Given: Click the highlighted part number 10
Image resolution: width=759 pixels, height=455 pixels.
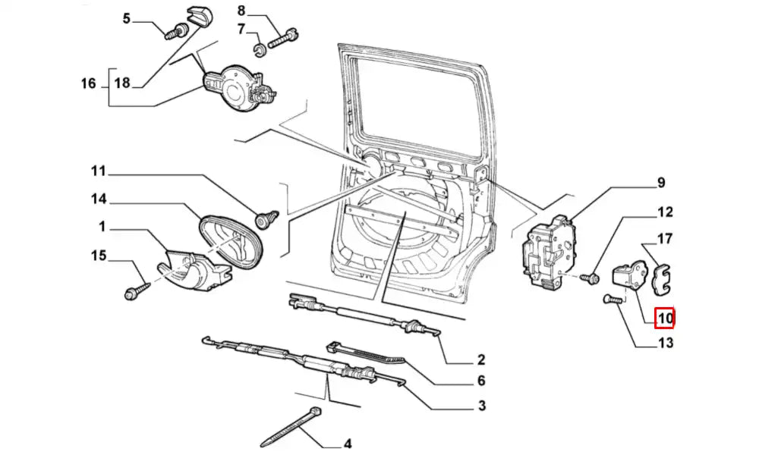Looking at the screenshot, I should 665,318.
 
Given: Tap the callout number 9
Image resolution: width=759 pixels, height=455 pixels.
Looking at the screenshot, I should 660,183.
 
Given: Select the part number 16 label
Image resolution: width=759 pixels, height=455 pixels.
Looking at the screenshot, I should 88,83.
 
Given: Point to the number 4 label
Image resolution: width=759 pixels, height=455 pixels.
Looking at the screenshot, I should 348,444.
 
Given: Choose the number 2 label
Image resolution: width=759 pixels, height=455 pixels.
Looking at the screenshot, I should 481,359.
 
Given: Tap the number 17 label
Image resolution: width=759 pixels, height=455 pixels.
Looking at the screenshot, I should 665,239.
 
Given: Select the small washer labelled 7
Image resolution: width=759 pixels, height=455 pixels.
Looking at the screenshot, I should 258,52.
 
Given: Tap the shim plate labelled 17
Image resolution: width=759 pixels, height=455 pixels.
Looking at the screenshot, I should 663,277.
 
